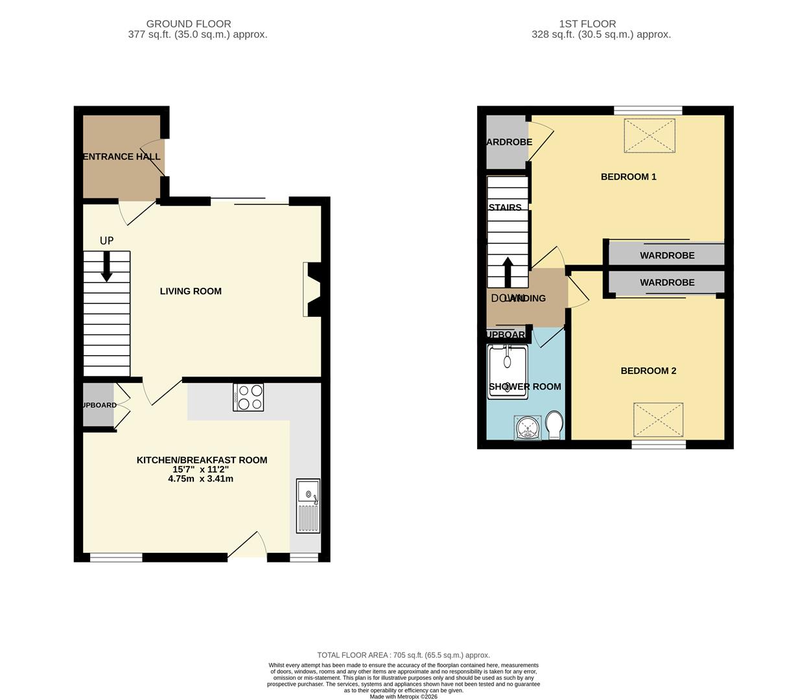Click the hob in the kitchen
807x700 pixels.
coord(248,397)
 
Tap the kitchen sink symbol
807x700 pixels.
coord(308,506)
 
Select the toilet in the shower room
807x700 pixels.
coord(554,425)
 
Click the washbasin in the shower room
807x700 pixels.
coord(526,428)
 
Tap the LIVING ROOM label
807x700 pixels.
coord(191,292)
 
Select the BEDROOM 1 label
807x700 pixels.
coord(628,177)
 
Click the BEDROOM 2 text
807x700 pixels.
coord(648,371)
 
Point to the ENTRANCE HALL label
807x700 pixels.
coord(121,157)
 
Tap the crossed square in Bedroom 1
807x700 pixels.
coord(649,135)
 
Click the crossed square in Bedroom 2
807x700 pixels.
coord(658,419)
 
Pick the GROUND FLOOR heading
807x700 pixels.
coord(189,24)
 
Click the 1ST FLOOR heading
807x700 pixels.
coord(587,24)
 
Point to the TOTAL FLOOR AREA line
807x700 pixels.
coord(403,655)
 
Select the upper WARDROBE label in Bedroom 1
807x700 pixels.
coord(667,255)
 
